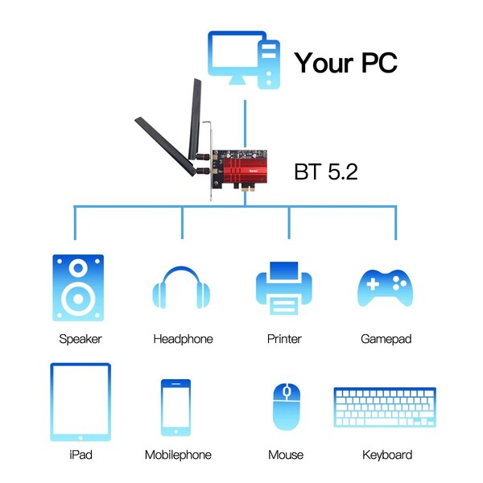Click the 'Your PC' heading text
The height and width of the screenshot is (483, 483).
(x=345, y=62)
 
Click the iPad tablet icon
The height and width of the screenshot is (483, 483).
(x=80, y=402)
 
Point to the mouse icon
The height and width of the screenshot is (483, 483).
(x=285, y=406)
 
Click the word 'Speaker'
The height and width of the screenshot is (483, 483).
(x=80, y=339)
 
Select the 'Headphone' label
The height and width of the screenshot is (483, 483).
(x=183, y=339)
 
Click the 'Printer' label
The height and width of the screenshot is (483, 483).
(x=284, y=339)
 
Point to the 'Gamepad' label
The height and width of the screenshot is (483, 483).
(x=386, y=339)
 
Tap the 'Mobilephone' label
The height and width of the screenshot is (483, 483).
(x=178, y=455)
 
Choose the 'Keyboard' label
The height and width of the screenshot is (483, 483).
(x=387, y=455)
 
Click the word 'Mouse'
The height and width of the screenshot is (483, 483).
(x=286, y=455)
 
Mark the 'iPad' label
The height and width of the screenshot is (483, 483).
(x=80, y=455)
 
